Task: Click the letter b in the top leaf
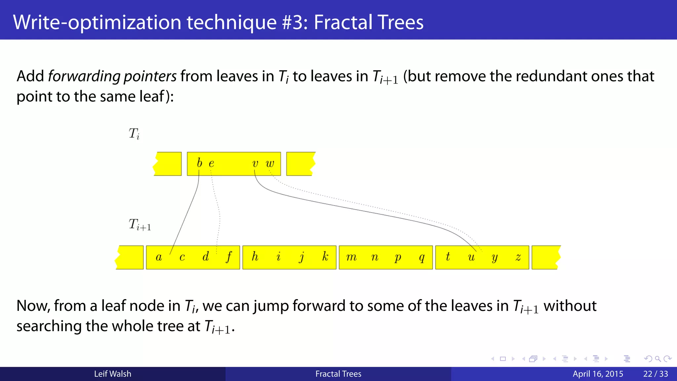[199, 163]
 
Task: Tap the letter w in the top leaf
[270, 163]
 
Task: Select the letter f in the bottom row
[229, 257]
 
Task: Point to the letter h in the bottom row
[255, 256]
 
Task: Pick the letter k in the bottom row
[325, 256]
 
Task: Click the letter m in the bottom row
[351, 257]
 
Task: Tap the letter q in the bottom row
[421, 258]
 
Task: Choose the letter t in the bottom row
[448, 256]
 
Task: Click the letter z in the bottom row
[518, 257]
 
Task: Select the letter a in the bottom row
[159, 257]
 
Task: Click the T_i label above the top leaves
[134, 134]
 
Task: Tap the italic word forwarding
[84, 76]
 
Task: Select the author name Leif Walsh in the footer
[112, 374]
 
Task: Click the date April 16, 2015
[598, 374]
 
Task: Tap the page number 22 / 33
[656, 374]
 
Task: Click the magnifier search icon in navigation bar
[658, 359]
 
